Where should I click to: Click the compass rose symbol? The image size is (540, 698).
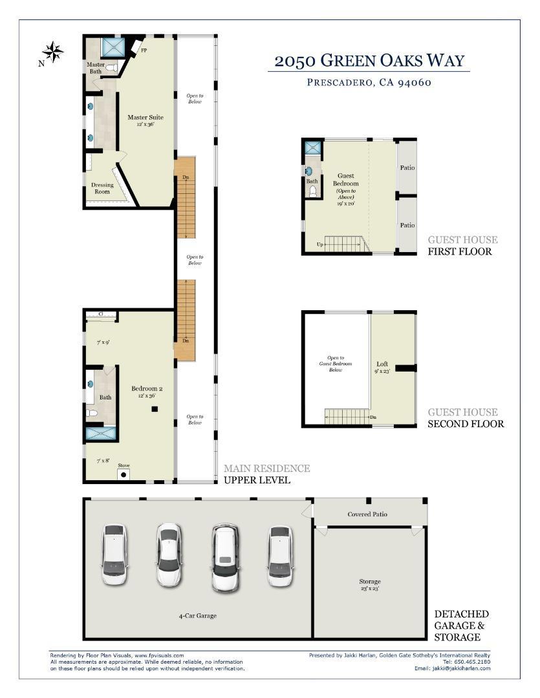[53, 52]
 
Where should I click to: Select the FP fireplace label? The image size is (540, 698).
[144, 50]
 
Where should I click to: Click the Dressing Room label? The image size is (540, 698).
[102, 188]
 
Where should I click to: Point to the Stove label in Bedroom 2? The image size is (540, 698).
[124, 465]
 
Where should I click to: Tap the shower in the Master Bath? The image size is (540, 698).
[113, 47]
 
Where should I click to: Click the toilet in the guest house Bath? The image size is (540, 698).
[313, 191]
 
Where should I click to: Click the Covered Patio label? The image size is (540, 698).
[367, 514]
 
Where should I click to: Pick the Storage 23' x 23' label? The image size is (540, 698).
[370, 584]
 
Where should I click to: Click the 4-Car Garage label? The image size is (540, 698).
[197, 616]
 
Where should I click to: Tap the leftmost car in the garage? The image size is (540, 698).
[114, 555]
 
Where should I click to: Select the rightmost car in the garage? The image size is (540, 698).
[280, 556]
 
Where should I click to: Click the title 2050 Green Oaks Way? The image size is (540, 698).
[369, 61]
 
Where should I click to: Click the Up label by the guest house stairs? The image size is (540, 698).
[320, 244]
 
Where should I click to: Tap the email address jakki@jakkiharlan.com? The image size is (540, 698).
[461, 668]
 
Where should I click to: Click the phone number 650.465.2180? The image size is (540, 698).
[472, 662]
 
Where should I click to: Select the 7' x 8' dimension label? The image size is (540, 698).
[103, 461]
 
